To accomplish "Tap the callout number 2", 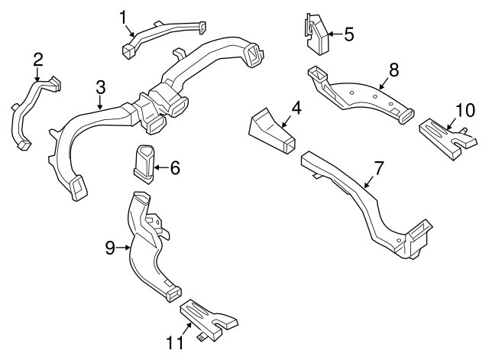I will [37, 60].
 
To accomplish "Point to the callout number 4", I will [296, 109].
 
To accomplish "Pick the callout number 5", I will [348, 34].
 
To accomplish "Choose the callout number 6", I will [174, 167].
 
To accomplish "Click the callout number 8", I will [393, 70].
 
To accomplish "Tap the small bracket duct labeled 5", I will [317, 34].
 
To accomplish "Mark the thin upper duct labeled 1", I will [164, 34].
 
